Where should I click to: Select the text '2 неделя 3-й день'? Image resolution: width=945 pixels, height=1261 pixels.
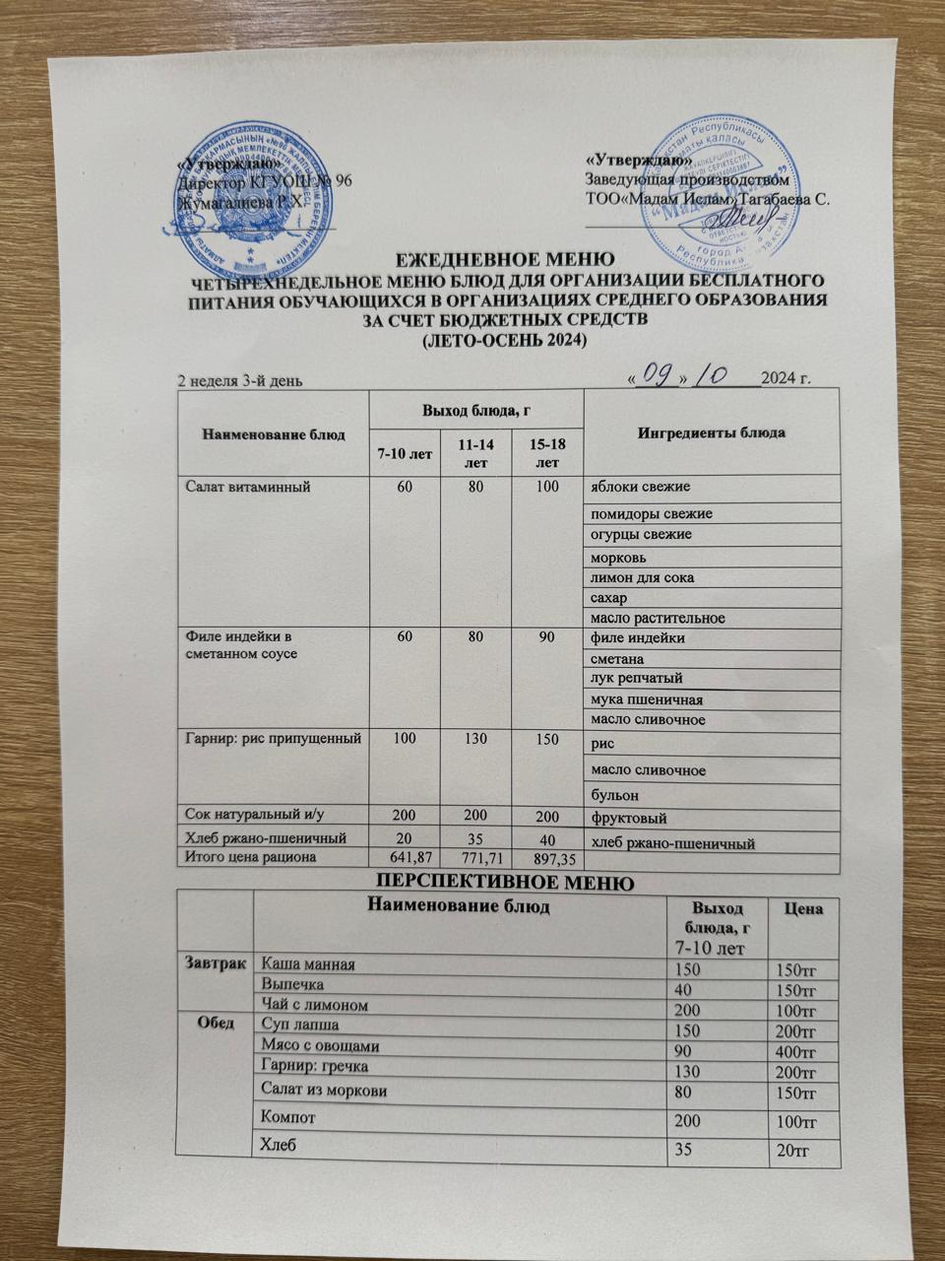point(244,380)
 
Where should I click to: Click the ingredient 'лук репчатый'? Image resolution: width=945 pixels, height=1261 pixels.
point(636,679)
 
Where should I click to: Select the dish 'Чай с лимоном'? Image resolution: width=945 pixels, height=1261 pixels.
point(314,1005)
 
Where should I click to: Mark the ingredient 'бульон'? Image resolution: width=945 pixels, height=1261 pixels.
point(614,793)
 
